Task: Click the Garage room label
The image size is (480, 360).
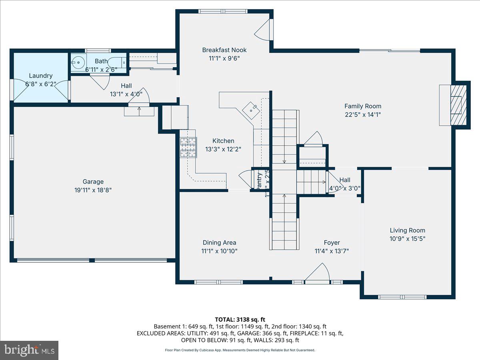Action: click(93, 182)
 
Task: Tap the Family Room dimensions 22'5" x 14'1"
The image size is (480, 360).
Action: click(363, 115)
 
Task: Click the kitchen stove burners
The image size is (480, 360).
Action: click(188, 147)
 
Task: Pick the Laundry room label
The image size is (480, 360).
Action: click(41, 76)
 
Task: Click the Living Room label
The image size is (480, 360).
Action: click(408, 230)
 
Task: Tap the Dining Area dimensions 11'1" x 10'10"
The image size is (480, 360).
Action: click(219, 251)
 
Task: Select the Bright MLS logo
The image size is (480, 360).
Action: click(29, 350)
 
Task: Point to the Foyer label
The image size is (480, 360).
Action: click(332, 242)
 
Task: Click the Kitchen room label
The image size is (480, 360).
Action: click(223, 141)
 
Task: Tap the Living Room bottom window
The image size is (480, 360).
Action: click(403, 297)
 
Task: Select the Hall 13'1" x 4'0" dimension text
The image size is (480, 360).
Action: click(126, 94)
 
